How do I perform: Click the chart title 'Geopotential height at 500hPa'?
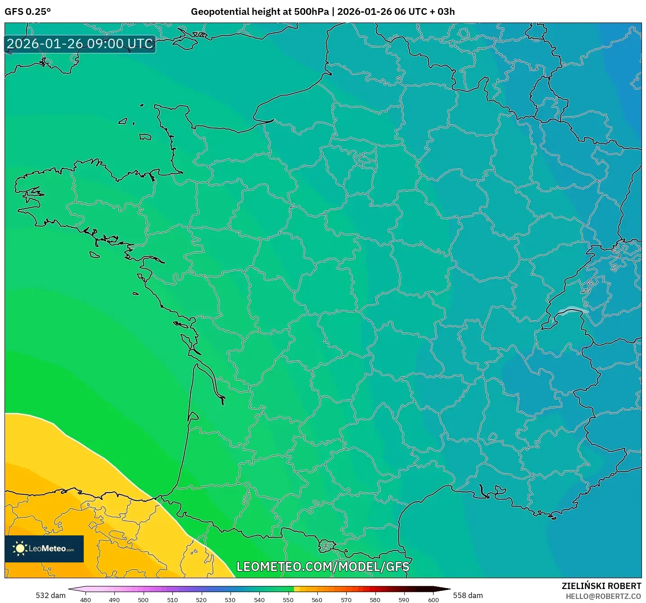[260, 12]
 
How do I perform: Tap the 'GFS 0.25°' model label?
[27, 12]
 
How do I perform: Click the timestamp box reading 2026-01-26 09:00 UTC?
[80, 44]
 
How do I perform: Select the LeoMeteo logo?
[44, 548]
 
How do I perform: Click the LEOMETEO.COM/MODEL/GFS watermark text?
[323, 566]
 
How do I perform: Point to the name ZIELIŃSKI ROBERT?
[601, 586]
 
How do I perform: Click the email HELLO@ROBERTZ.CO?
[603, 596]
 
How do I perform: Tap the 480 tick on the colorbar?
[86, 599]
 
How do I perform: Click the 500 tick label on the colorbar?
[143, 599]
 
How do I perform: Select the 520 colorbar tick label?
[201, 599]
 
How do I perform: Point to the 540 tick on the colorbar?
[259, 599]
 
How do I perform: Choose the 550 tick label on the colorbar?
[288, 599]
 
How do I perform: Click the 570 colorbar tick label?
[346, 599]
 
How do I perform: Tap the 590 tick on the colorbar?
[404, 599]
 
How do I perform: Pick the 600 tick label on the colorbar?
[433, 599]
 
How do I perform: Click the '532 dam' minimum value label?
[50, 595]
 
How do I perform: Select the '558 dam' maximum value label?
[468, 595]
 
